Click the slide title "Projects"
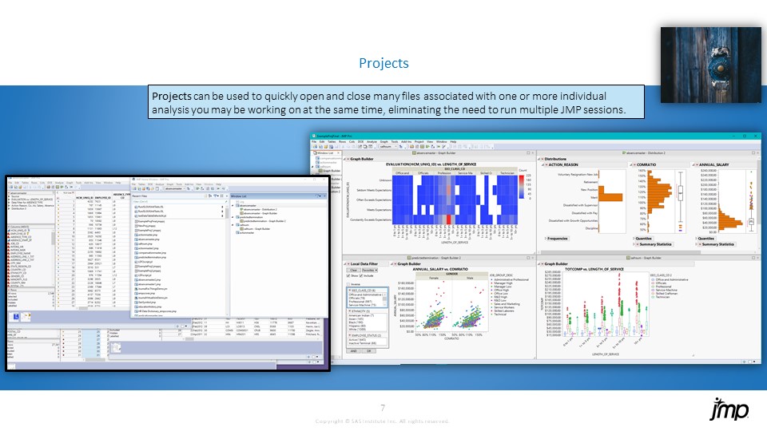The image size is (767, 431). [383, 63]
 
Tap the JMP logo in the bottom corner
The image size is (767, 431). [729, 409]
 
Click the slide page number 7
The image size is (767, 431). [383, 409]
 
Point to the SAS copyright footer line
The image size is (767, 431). [383, 421]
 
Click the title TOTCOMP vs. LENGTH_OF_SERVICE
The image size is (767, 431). [595, 270]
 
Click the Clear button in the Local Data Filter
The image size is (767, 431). [352, 270]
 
